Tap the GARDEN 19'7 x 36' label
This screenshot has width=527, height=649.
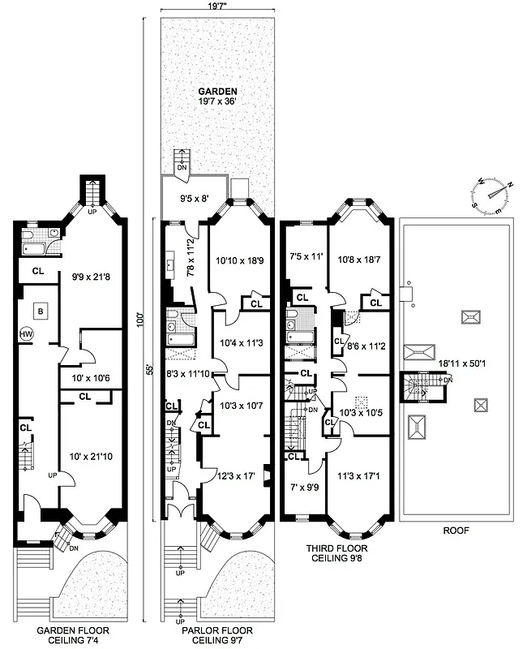[x=215, y=97]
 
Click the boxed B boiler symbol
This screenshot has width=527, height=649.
[x=40, y=310]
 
